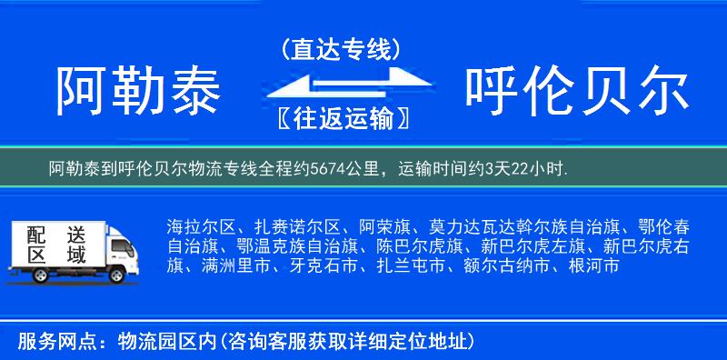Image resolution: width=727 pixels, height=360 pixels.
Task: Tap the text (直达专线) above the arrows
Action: (341, 48)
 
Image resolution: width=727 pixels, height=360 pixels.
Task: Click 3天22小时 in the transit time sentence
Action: (525, 168)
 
